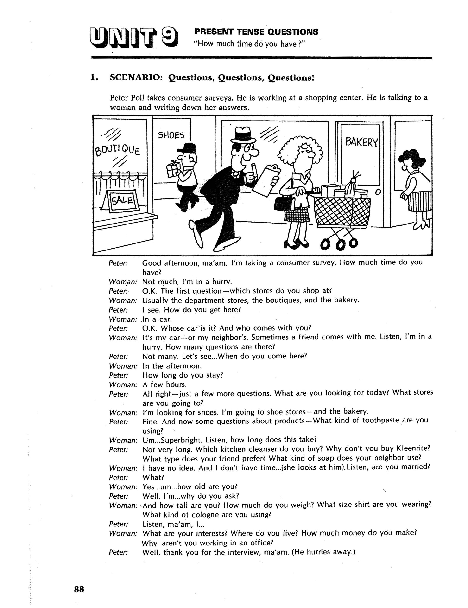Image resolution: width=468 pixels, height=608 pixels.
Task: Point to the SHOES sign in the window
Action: click(171, 135)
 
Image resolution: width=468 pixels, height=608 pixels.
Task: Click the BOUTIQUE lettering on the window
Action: click(117, 150)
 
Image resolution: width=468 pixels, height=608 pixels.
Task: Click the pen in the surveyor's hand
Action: click(254, 170)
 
